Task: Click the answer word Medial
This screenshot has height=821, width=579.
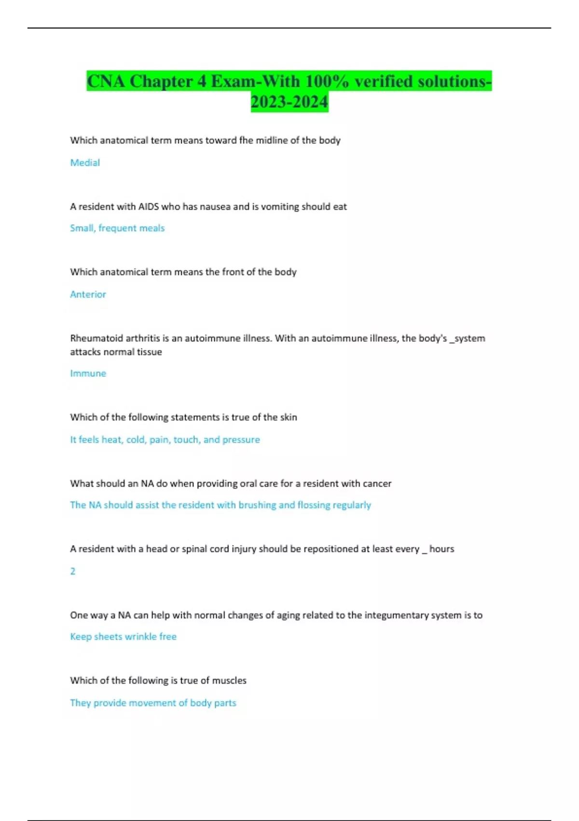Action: coord(85,163)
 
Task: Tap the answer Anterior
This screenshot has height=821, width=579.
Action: coord(88,294)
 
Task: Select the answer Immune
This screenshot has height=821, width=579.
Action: coord(88,373)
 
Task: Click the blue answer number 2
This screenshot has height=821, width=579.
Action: coord(73,571)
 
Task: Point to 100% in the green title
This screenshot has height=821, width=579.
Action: coord(327,82)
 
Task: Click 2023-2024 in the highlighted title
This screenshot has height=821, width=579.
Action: coord(289,102)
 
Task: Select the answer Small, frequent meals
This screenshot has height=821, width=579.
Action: coord(117,228)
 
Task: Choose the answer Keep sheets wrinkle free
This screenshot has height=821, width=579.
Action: coord(123,637)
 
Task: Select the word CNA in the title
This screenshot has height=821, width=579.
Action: coord(106,82)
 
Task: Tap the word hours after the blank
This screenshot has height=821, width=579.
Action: coord(441,549)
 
